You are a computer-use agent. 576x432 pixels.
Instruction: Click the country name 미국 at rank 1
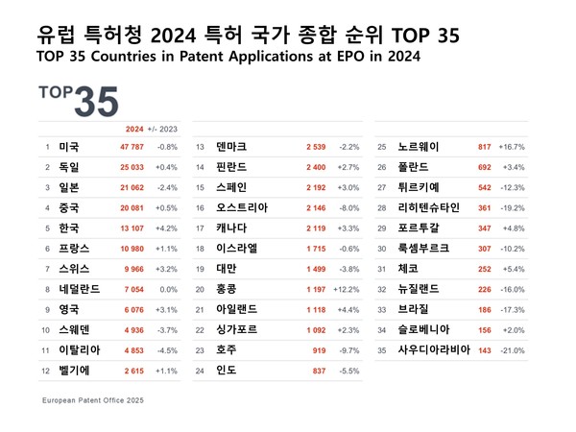(x=68, y=147)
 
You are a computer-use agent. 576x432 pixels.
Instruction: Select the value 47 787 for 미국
(x=137, y=147)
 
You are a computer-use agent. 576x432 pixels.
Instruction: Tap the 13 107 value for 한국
(x=137, y=228)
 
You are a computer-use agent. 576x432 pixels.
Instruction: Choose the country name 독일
(x=68, y=167)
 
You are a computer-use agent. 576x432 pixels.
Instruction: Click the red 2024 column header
(x=135, y=128)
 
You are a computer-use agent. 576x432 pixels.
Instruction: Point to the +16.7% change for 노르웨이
(x=512, y=147)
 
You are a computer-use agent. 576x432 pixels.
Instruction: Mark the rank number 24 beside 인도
(x=201, y=371)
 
